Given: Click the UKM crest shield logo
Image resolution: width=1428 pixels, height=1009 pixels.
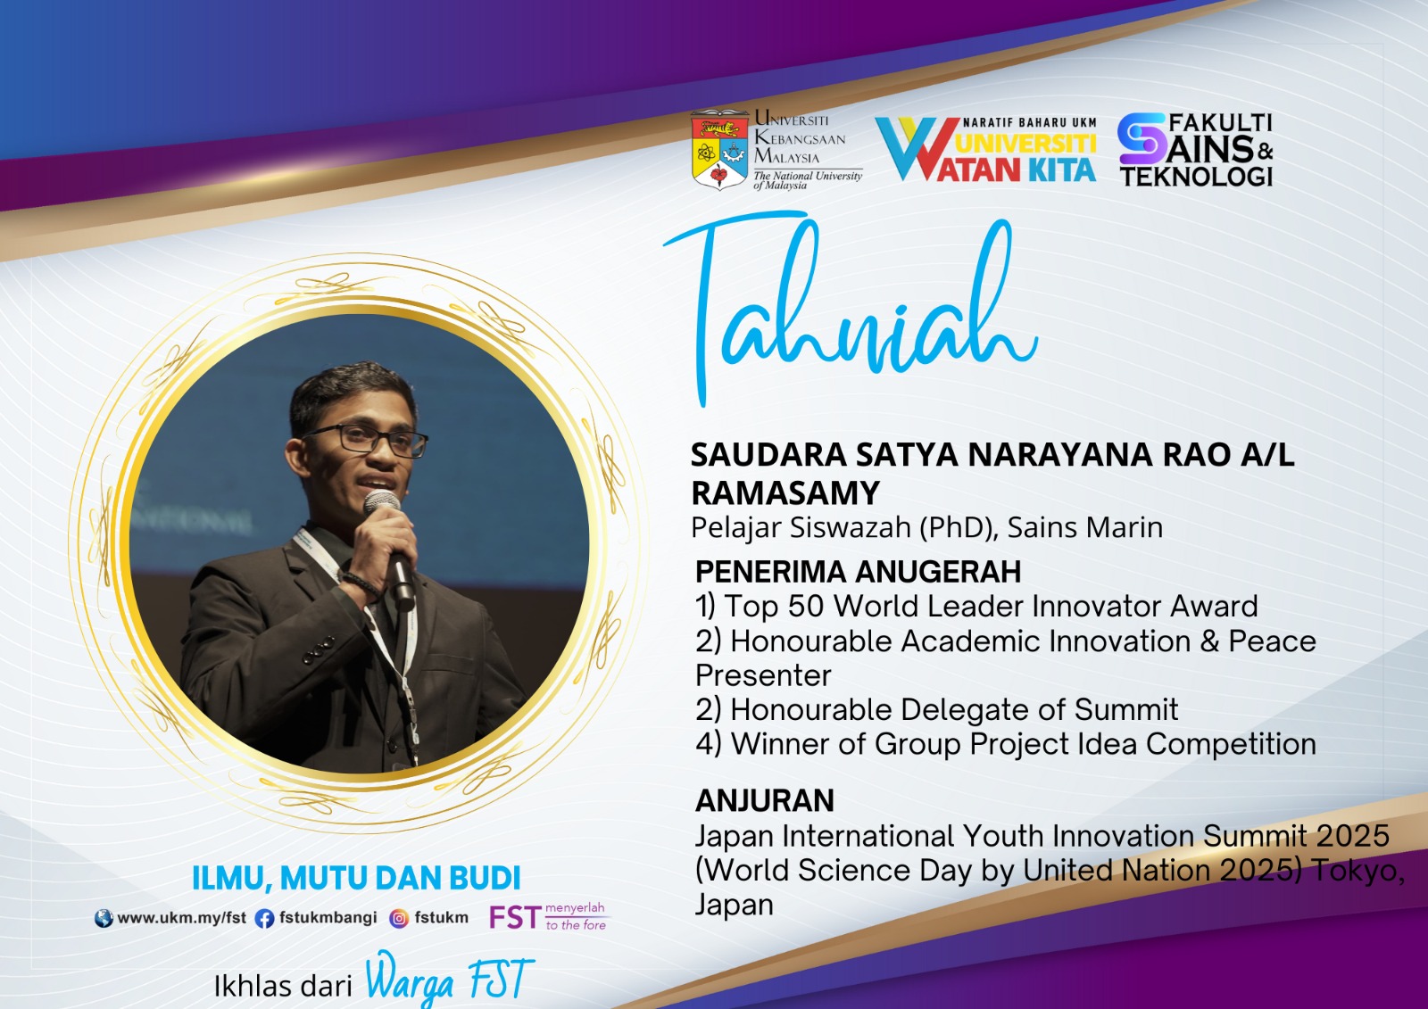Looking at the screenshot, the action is (719, 150).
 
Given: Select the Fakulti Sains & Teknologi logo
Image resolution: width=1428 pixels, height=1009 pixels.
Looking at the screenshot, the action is (1195, 150).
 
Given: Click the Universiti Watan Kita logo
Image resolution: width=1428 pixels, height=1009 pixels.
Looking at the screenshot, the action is (986, 149).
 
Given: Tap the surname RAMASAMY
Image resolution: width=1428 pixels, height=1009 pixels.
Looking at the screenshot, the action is (785, 492).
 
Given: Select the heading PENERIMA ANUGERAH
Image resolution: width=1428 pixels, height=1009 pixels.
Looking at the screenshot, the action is (858, 572).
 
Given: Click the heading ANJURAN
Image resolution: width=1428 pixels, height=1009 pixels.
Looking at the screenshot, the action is (764, 800).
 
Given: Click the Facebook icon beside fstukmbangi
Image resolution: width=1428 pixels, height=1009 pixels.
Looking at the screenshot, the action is (264, 919).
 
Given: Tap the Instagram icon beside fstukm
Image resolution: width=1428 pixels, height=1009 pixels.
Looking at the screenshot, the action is (399, 919).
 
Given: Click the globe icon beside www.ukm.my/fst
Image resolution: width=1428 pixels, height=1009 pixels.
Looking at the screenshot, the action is (104, 919).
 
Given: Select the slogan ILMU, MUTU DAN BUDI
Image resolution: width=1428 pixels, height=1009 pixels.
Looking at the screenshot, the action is (356, 878).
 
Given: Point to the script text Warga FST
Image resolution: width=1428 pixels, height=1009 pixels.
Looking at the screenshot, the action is (450, 979).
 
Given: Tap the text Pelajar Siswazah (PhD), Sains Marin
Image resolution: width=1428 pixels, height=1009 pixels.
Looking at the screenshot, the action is (927, 528).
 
